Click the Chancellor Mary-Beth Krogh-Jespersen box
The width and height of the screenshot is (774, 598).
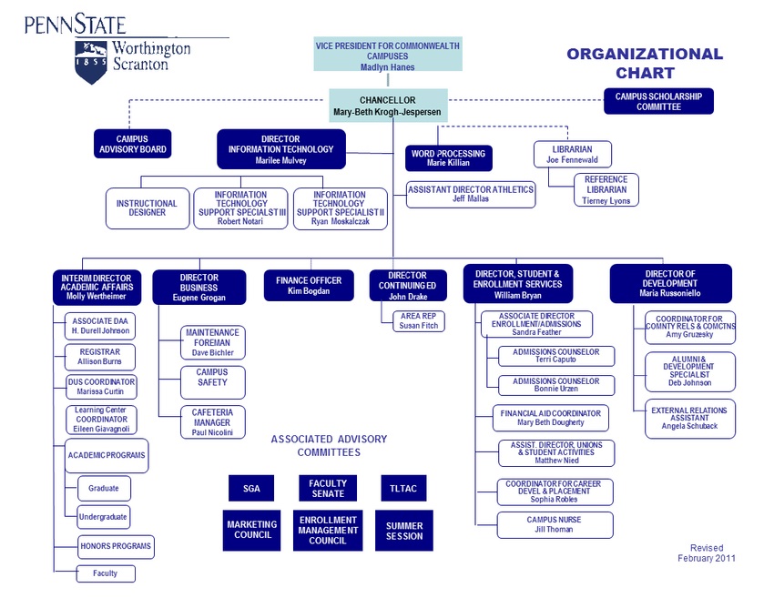[x=387, y=106]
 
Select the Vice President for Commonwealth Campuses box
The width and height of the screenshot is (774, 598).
[x=387, y=56]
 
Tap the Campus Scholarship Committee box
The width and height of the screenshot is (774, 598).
[x=659, y=101]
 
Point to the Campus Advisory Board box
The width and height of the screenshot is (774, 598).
[x=132, y=145]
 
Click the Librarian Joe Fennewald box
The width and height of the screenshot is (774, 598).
[x=572, y=154]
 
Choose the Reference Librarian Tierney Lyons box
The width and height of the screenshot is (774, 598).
[x=606, y=190]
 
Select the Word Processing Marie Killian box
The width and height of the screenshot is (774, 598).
[x=448, y=158]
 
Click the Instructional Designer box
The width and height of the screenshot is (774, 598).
[x=148, y=208]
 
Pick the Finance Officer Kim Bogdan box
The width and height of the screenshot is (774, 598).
[x=309, y=286]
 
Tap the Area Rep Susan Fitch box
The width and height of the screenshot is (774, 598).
[x=418, y=320]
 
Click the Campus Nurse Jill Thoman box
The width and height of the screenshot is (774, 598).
[x=555, y=525]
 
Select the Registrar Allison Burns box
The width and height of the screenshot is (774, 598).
[x=100, y=357]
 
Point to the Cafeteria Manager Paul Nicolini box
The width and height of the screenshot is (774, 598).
[x=212, y=422]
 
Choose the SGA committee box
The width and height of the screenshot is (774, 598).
[x=251, y=489]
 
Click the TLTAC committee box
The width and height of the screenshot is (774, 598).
[x=403, y=489]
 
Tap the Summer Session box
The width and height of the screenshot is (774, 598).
[x=403, y=531]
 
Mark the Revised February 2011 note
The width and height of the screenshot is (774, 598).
[x=706, y=553]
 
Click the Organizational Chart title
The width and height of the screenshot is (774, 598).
[x=645, y=64]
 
